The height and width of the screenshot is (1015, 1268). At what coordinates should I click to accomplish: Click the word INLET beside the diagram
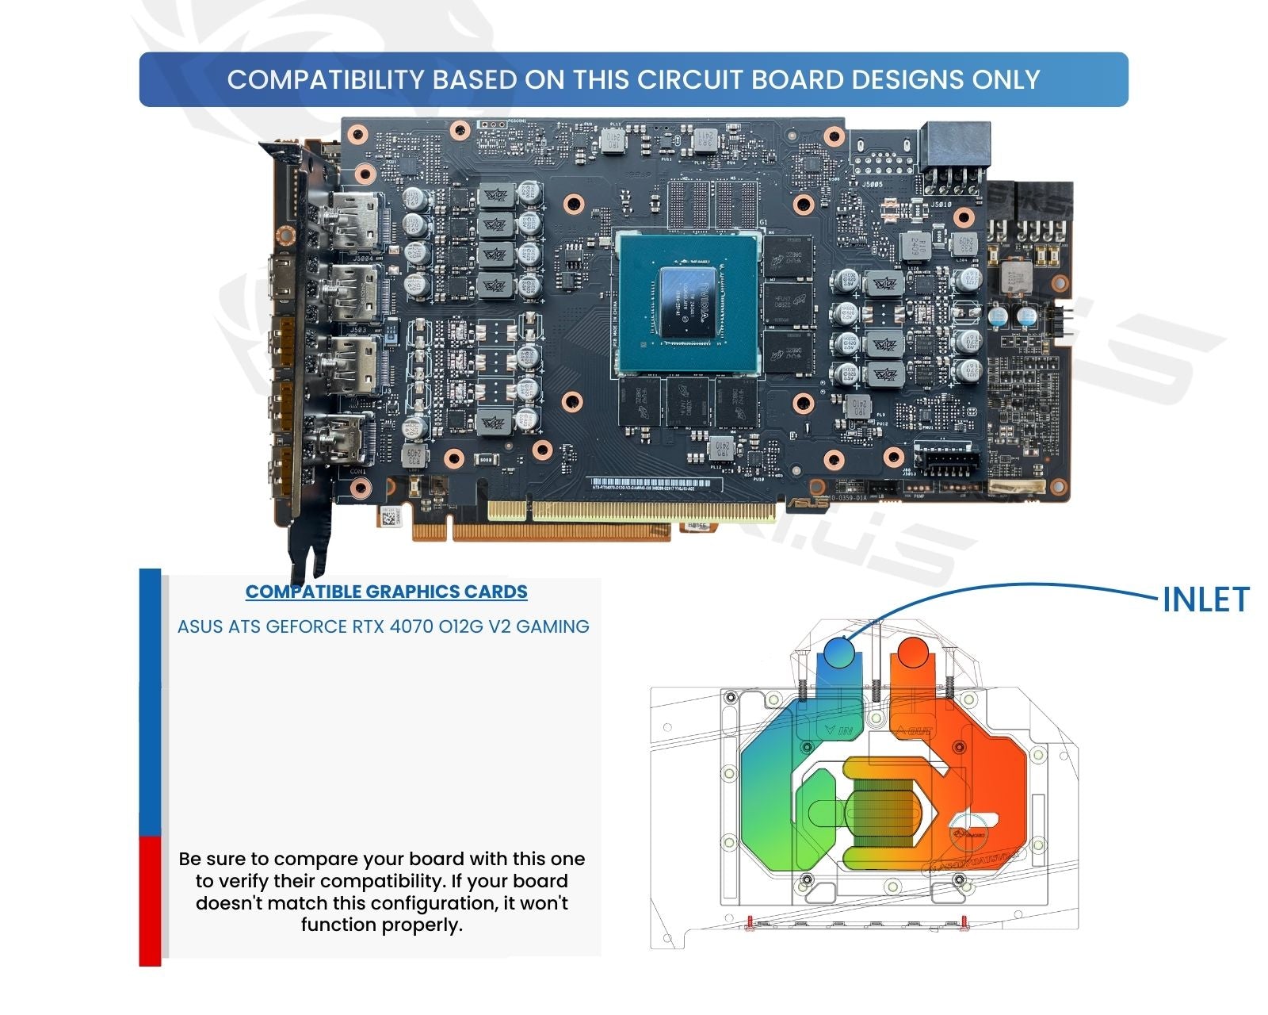tap(1205, 599)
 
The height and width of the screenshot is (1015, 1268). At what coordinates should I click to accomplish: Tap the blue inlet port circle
tap(838, 653)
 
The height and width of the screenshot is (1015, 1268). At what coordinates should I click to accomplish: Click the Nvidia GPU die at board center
tap(688, 302)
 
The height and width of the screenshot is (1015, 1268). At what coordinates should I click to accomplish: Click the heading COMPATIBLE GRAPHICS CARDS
tap(386, 592)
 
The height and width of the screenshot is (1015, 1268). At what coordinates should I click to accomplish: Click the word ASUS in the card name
tap(200, 626)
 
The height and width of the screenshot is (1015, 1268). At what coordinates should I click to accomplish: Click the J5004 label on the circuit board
tap(362, 258)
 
